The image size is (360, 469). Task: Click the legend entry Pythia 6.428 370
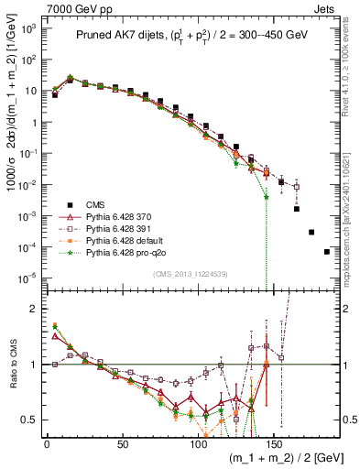(103, 215)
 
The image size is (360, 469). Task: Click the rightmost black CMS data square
(327, 252)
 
